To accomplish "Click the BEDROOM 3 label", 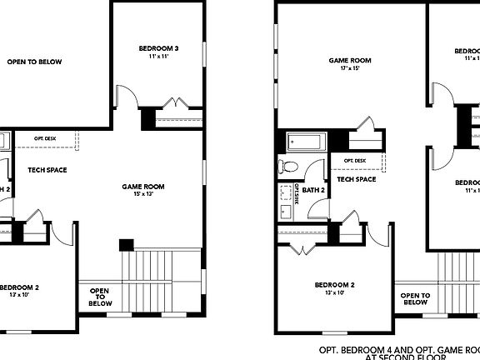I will pos(158,49).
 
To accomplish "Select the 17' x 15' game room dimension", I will pos(349,69).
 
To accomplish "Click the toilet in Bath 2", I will pos(292,167).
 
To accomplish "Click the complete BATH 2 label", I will pos(313,191).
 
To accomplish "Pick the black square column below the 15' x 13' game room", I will pos(126,245).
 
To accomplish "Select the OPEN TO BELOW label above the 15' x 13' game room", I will pos(35,62).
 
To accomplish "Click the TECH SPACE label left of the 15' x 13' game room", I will pos(47,170).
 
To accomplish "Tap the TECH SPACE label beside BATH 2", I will pos(356,178).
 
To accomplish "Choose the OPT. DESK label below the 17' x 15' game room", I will pos(354,160).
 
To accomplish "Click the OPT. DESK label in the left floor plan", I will pos(45,137).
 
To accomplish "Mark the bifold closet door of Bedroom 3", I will pos(177,104).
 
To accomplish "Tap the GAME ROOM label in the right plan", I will pos(349,60).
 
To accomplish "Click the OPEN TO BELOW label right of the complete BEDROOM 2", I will pos(415,298).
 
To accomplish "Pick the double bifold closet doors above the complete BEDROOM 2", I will pos(303,247).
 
